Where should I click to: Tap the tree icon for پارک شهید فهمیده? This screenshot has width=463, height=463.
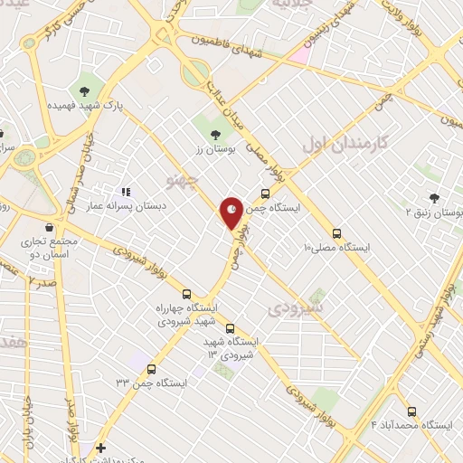(85, 89)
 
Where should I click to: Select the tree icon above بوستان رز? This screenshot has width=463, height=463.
(214, 135)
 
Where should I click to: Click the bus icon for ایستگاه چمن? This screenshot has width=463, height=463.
(265, 193)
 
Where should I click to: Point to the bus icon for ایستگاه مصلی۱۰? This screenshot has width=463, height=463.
(336, 232)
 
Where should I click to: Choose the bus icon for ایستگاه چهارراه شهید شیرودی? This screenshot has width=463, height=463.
(187, 294)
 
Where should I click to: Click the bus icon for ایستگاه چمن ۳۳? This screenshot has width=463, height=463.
(150, 368)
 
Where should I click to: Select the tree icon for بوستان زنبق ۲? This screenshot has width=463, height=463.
(434, 198)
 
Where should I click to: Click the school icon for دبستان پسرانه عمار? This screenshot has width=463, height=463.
(126, 192)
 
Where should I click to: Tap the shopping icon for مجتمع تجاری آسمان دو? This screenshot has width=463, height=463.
(47, 227)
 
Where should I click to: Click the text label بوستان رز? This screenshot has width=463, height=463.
(214, 149)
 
